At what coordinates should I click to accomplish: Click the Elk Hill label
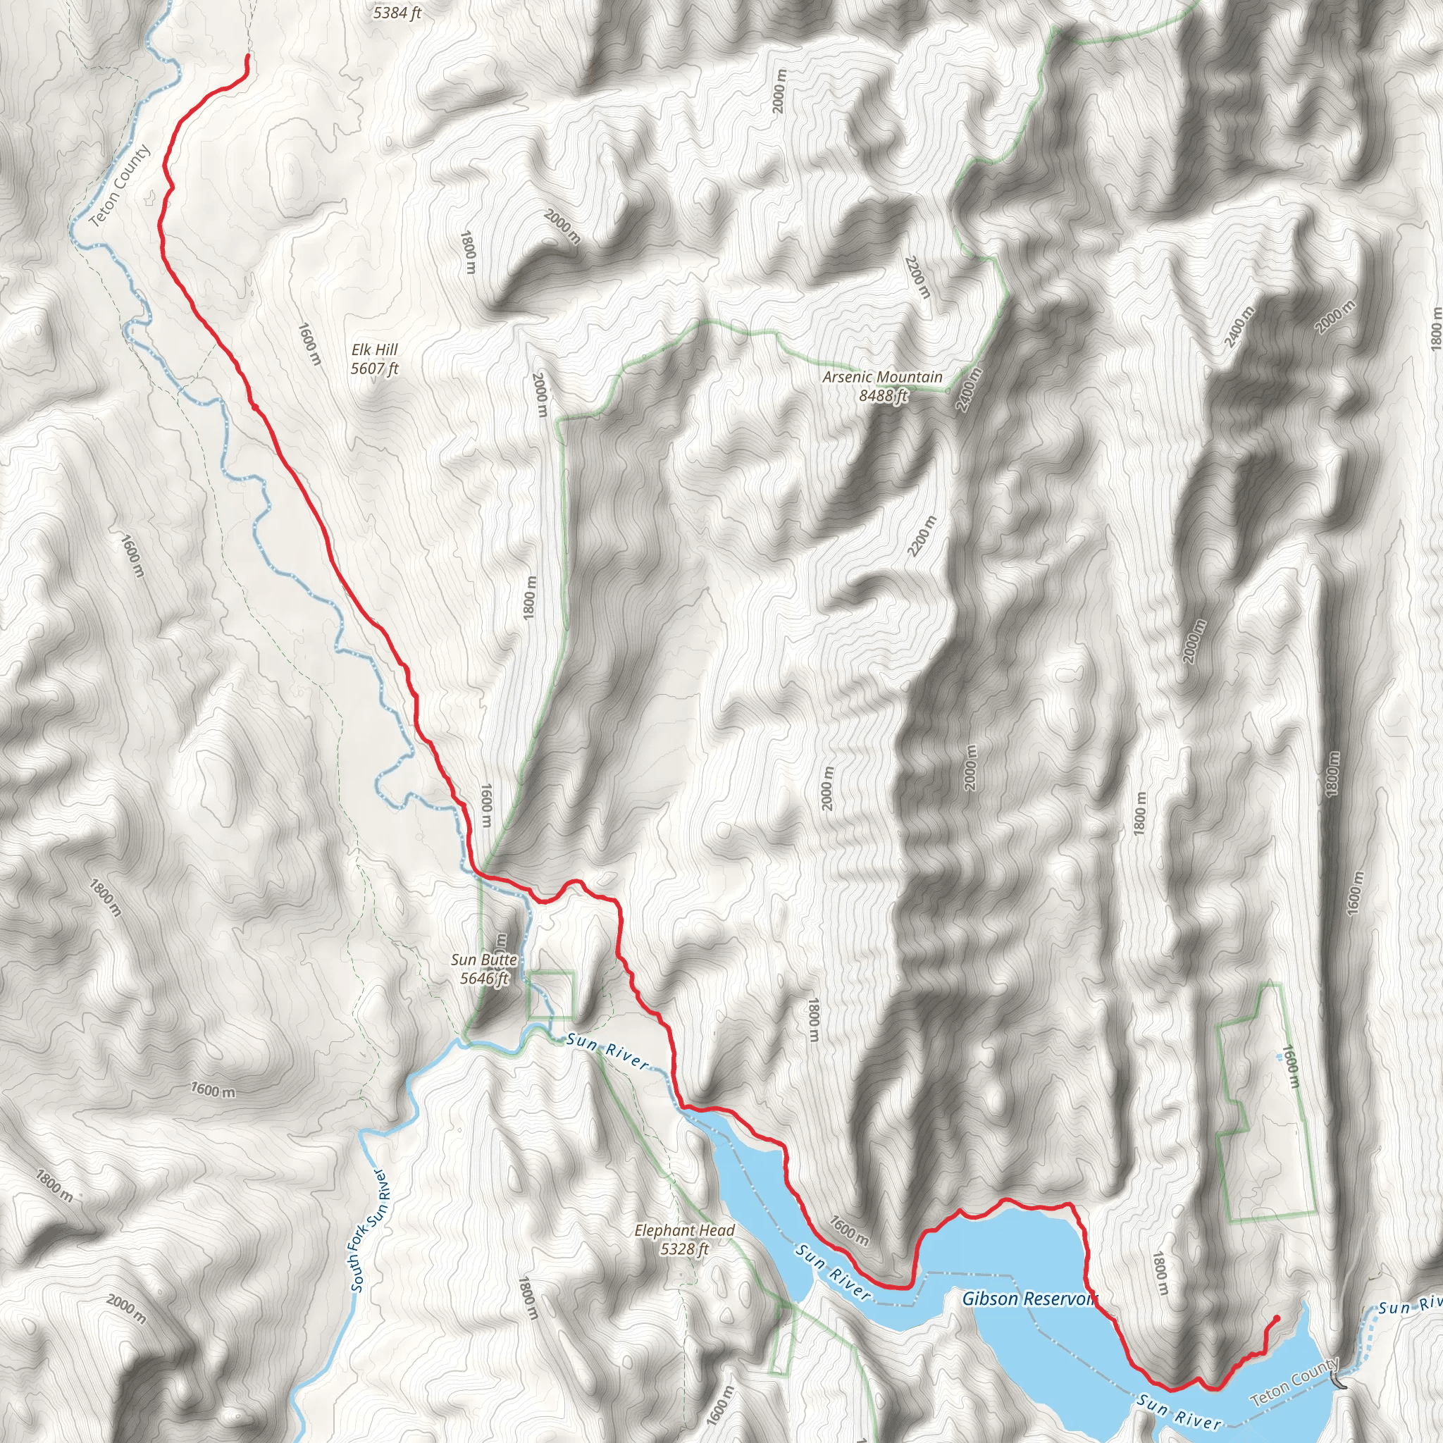[374, 349]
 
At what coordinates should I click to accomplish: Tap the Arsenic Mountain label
[882, 377]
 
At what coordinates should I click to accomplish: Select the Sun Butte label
[484, 960]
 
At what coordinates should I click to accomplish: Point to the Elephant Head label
[684, 1230]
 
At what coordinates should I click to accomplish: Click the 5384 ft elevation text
[397, 13]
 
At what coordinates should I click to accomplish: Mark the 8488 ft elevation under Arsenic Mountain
[883, 396]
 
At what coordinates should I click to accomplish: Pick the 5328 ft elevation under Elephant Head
[684, 1249]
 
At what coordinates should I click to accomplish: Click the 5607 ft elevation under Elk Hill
[375, 369]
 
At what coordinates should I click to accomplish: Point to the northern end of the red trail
[247, 57]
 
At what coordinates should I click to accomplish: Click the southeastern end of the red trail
[1277, 1318]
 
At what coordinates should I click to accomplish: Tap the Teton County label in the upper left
[120, 185]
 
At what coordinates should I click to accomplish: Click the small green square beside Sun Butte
[551, 996]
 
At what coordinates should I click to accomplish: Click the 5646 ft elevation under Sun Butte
[484, 979]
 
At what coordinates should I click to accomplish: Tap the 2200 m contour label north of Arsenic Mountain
[918, 277]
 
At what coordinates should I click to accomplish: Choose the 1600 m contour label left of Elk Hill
[309, 344]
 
